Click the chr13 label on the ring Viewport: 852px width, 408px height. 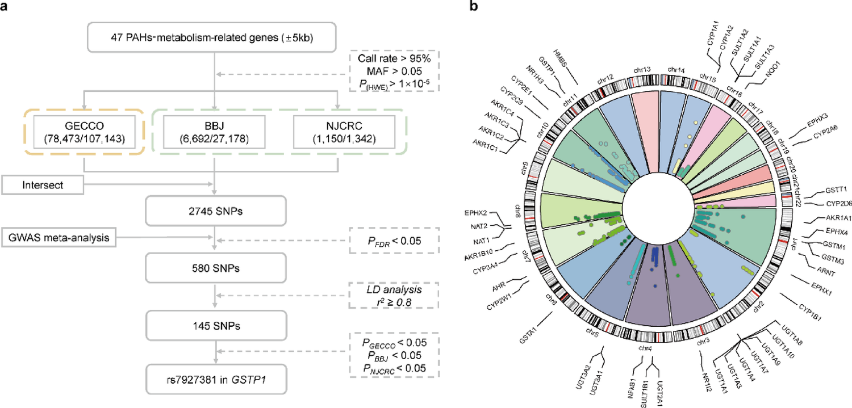(644, 70)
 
